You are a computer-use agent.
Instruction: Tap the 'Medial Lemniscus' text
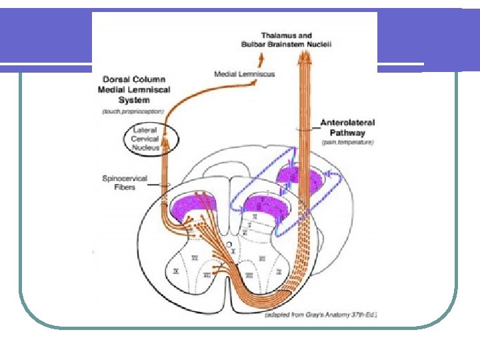(x=244, y=74)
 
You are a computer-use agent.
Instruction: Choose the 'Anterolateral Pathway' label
(x=347, y=127)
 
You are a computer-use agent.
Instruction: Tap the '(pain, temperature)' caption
(x=347, y=143)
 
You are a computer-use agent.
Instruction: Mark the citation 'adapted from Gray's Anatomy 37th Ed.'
(x=321, y=314)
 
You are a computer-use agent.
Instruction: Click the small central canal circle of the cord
(x=229, y=245)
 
